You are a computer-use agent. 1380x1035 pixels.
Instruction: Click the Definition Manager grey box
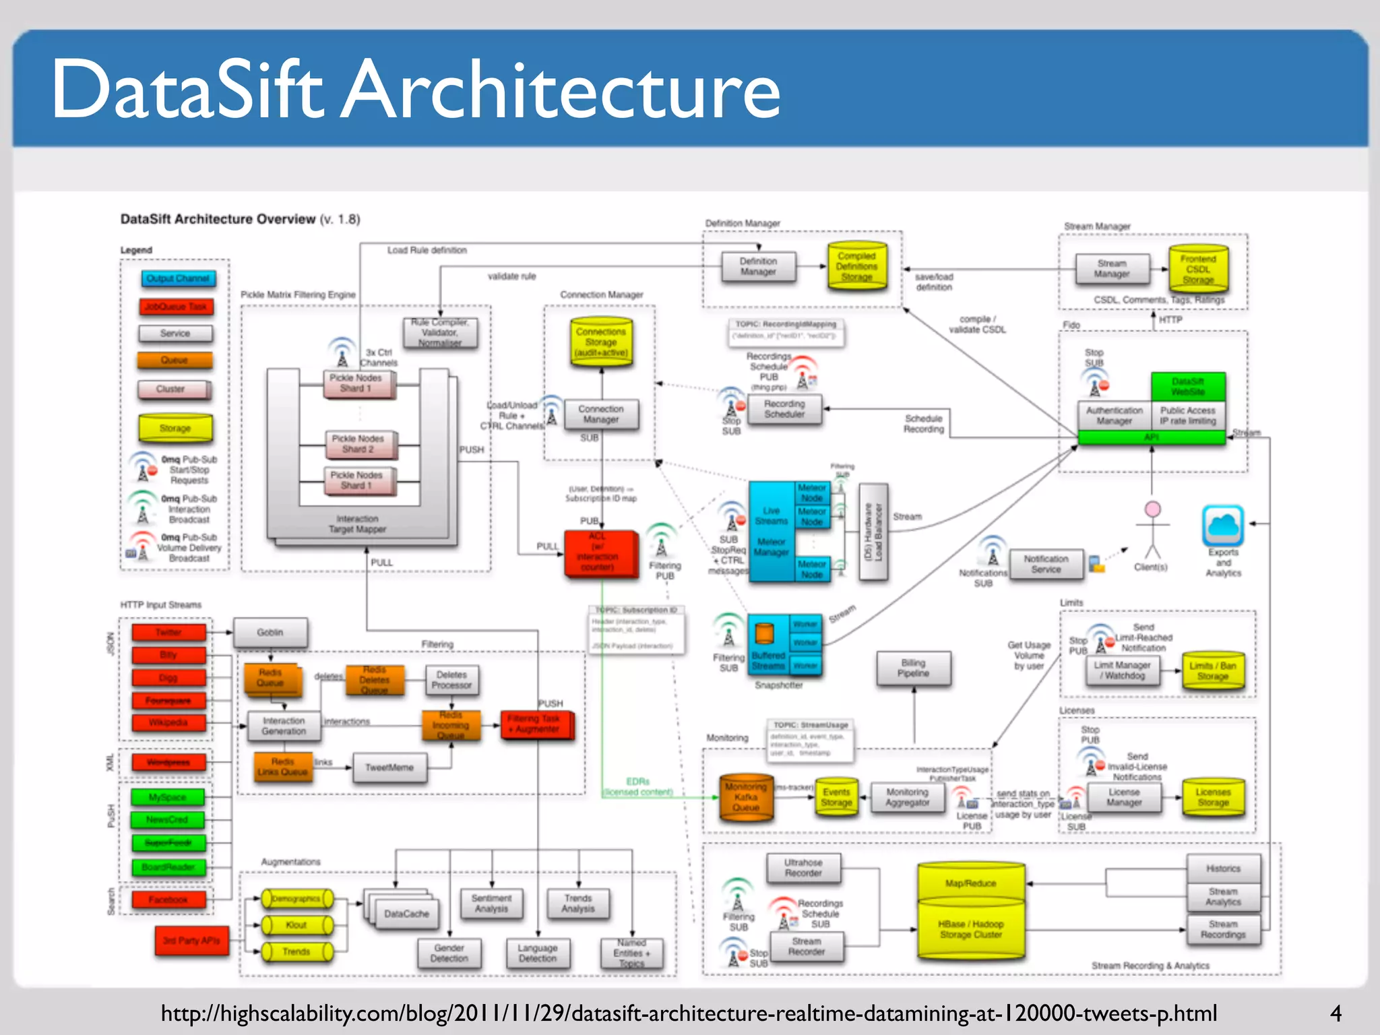758,266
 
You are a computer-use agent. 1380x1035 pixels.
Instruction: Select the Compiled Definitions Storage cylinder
856,266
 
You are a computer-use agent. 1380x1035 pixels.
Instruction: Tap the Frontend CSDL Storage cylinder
1198,269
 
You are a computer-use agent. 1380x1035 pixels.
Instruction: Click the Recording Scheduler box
784,409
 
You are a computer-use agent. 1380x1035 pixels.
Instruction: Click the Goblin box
270,632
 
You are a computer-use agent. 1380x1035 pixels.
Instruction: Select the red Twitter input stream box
168,632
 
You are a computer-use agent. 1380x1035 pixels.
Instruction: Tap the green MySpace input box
168,797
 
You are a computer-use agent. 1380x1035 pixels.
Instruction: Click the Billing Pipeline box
913,668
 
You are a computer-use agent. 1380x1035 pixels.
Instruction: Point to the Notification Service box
1046,564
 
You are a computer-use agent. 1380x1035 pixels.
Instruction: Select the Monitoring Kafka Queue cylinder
746,797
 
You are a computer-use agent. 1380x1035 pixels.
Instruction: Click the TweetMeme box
389,767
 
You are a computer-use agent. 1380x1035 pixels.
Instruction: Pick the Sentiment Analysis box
491,904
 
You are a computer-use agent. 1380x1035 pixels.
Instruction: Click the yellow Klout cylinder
296,925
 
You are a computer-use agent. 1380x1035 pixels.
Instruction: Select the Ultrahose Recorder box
803,867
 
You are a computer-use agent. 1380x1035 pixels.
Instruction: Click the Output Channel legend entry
178,278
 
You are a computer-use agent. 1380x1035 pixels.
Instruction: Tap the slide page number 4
1336,1013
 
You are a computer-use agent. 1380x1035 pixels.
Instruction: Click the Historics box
1223,869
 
